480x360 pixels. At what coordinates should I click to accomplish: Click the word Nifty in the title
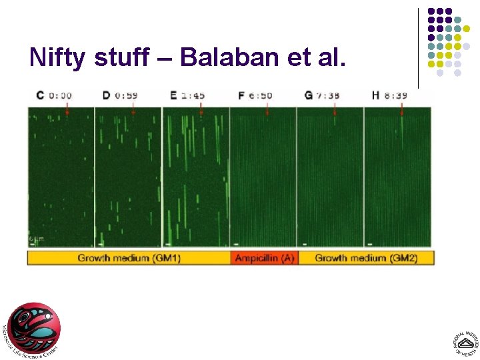[x=58, y=58]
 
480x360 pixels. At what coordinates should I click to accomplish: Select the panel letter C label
[x=39, y=95]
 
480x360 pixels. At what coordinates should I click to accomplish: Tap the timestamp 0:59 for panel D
[x=127, y=95]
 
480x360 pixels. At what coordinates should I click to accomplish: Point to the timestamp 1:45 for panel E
[x=193, y=95]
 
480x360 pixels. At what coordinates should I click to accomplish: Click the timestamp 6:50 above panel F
[x=261, y=95]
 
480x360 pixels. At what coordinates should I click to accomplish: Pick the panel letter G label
[x=309, y=95]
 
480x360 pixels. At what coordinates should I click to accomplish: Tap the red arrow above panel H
[x=402, y=110]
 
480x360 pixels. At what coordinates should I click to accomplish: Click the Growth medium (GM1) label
[x=129, y=258]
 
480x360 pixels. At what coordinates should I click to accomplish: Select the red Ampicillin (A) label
[x=263, y=258]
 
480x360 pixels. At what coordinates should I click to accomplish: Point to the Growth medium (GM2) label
[x=366, y=258]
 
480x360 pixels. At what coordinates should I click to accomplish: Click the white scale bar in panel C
[x=33, y=244]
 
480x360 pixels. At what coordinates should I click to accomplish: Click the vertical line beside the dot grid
[x=419, y=47]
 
